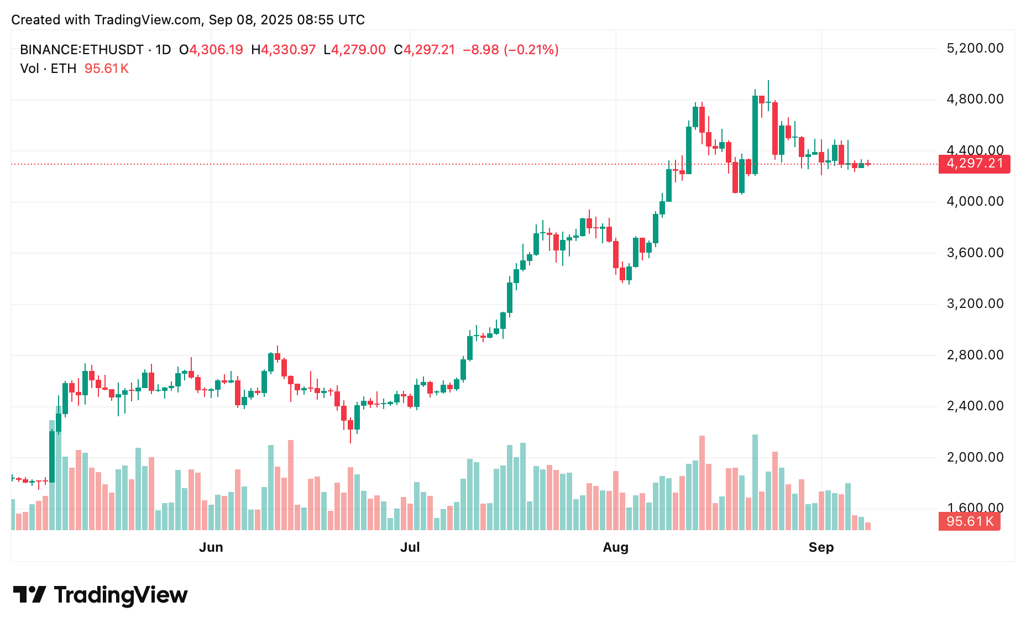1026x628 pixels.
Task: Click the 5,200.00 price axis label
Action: [x=975, y=49]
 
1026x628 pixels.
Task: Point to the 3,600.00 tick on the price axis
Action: [x=975, y=253]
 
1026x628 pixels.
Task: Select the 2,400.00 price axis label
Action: [x=975, y=406]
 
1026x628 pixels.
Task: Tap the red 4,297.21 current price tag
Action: [x=974, y=164]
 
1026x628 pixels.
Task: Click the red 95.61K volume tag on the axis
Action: [x=969, y=521]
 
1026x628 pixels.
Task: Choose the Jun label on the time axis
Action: [x=211, y=547]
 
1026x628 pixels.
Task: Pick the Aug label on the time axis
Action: [x=615, y=547]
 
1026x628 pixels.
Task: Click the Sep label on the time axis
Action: [x=821, y=547]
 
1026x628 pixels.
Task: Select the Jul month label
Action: [x=410, y=547]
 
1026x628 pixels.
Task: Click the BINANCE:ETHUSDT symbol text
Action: [x=82, y=50]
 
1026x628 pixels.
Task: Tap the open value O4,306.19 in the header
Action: [x=211, y=50]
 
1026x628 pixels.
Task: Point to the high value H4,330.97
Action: [x=283, y=50]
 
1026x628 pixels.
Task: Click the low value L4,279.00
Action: [x=354, y=50]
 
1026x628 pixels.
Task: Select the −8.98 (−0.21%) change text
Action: [x=510, y=50]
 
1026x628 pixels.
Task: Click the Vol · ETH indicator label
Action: [x=48, y=69]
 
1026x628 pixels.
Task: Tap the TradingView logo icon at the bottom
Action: [x=29, y=595]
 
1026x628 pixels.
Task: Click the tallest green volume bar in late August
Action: [x=755, y=481]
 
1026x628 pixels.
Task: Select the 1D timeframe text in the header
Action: [x=163, y=50]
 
